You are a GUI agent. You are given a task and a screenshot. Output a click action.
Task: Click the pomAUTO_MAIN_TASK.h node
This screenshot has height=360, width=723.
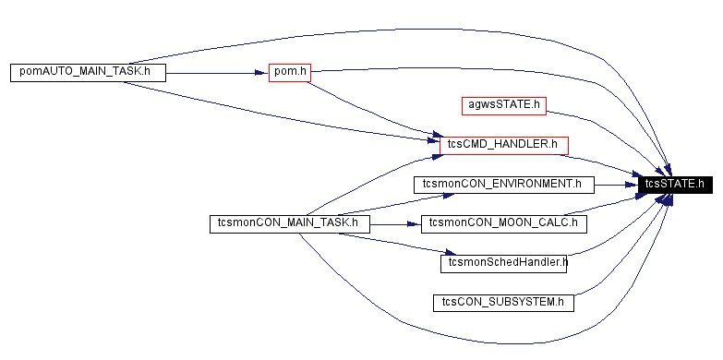pyautogui.click(x=88, y=72)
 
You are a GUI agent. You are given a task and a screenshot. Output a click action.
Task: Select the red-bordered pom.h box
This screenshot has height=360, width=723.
pyautogui.click(x=289, y=72)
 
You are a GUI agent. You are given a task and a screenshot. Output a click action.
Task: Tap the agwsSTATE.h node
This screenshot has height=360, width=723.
pyautogui.click(x=503, y=104)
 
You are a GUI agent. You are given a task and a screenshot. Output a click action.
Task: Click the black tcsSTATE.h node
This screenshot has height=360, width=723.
pyautogui.click(x=675, y=184)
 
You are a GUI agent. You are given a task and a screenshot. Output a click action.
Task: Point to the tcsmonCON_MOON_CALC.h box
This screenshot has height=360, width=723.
pyautogui.click(x=503, y=223)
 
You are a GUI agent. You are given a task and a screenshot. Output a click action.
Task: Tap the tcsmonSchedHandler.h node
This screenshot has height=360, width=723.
pyautogui.click(x=503, y=263)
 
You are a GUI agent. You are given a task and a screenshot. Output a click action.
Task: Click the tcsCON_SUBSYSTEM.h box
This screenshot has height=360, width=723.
pyautogui.click(x=503, y=302)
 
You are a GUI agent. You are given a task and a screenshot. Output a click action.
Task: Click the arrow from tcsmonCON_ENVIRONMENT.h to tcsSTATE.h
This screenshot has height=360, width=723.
pyautogui.click(x=614, y=184)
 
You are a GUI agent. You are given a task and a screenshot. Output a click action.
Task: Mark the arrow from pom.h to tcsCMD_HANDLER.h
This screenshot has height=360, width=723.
pyautogui.click(x=369, y=112)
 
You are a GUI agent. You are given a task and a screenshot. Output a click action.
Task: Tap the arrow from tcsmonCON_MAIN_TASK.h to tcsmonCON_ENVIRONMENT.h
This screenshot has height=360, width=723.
pyautogui.click(x=388, y=202)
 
